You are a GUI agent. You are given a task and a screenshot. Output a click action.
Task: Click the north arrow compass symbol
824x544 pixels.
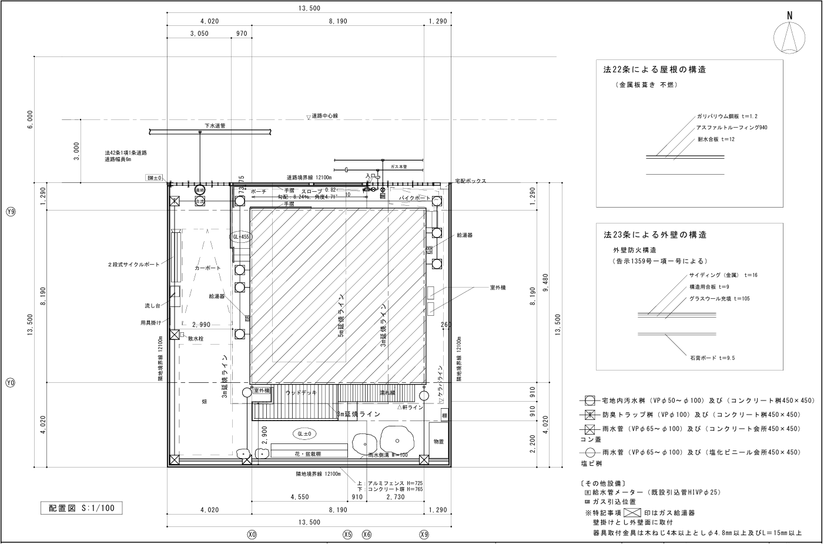(x=790, y=37)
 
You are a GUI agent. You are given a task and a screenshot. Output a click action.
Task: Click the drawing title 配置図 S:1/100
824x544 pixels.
(x=82, y=508)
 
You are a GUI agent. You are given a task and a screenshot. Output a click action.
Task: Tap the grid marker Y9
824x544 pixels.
(x=10, y=212)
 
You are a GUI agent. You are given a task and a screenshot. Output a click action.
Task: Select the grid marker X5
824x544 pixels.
(x=347, y=535)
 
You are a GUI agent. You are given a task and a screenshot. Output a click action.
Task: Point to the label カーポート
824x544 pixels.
(x=207, y=268)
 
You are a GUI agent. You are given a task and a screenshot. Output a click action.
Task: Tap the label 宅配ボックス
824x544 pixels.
(x=470, y=181)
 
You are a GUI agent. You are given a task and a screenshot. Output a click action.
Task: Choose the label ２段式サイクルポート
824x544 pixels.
(x=133, y=265)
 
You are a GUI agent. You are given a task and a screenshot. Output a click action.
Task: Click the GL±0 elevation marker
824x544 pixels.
(x=305, y=434)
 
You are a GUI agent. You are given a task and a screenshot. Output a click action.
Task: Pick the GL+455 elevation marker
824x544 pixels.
(x=241, y=236)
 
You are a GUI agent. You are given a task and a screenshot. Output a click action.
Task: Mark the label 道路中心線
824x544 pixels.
(x=324, y=116)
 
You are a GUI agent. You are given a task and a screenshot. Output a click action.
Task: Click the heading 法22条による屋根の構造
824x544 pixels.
(x=655, y=69)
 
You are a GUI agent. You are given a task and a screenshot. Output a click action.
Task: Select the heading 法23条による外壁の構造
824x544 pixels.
(x=655, y=235)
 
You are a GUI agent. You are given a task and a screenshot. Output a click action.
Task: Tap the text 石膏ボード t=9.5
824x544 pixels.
(x=712, y=358)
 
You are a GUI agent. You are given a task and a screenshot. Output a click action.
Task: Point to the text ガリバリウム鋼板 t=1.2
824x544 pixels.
(x=727, y=116)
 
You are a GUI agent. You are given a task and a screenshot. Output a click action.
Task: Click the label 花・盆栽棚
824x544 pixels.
(x=308, y=454)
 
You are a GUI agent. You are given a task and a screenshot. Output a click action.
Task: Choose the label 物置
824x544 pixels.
(x=438, y=440)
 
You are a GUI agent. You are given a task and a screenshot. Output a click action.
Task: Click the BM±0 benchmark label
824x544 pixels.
(x=154, y=178)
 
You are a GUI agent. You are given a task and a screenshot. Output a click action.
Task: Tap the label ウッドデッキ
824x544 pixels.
(x=301, y=392)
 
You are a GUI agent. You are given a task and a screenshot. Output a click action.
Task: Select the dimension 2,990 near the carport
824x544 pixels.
(x=201, y=325)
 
